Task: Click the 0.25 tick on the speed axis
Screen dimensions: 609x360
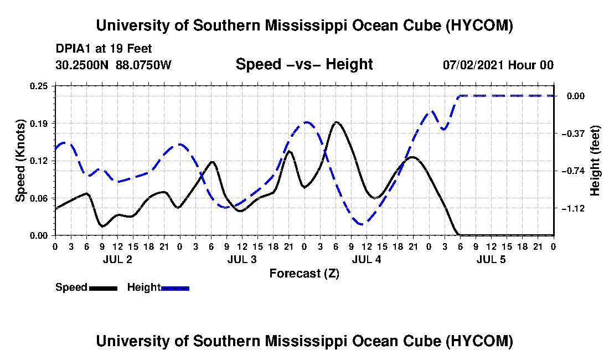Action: point(39,86)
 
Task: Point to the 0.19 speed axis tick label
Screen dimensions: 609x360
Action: point(39,124)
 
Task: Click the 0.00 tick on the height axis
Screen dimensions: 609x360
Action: point(576,96)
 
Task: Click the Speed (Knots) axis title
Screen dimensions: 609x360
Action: point(20,161)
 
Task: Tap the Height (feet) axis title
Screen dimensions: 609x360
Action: point(595,161)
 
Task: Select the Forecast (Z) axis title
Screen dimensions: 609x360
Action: point(304,274)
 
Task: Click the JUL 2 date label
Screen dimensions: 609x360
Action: point(117,259)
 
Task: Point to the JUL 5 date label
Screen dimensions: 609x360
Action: point(491,259)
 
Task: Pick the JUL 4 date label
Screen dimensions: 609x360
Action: point(367,259)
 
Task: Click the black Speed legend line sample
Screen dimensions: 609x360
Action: point(104,288)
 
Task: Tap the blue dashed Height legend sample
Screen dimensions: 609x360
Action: point(175,288)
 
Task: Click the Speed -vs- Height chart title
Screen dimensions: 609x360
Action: point(304,64)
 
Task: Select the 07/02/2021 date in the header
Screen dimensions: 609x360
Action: point(473,65)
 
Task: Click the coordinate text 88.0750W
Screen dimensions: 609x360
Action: point(143,65)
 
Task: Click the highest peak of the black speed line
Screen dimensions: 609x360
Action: point(337,122)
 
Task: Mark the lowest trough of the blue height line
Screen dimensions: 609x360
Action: point(362,224)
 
